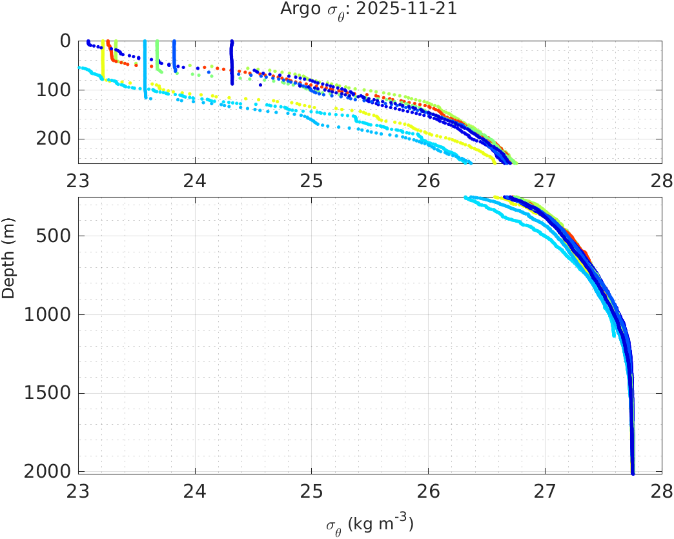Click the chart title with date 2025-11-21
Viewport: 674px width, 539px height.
click(369, 10)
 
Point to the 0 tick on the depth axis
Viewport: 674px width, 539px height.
click(65, 41)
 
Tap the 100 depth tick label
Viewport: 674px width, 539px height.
click(54, 90)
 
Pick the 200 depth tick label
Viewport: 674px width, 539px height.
click(54, 139)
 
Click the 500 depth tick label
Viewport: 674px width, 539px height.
click(54, 236)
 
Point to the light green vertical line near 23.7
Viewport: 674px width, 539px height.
click(157, 55)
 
